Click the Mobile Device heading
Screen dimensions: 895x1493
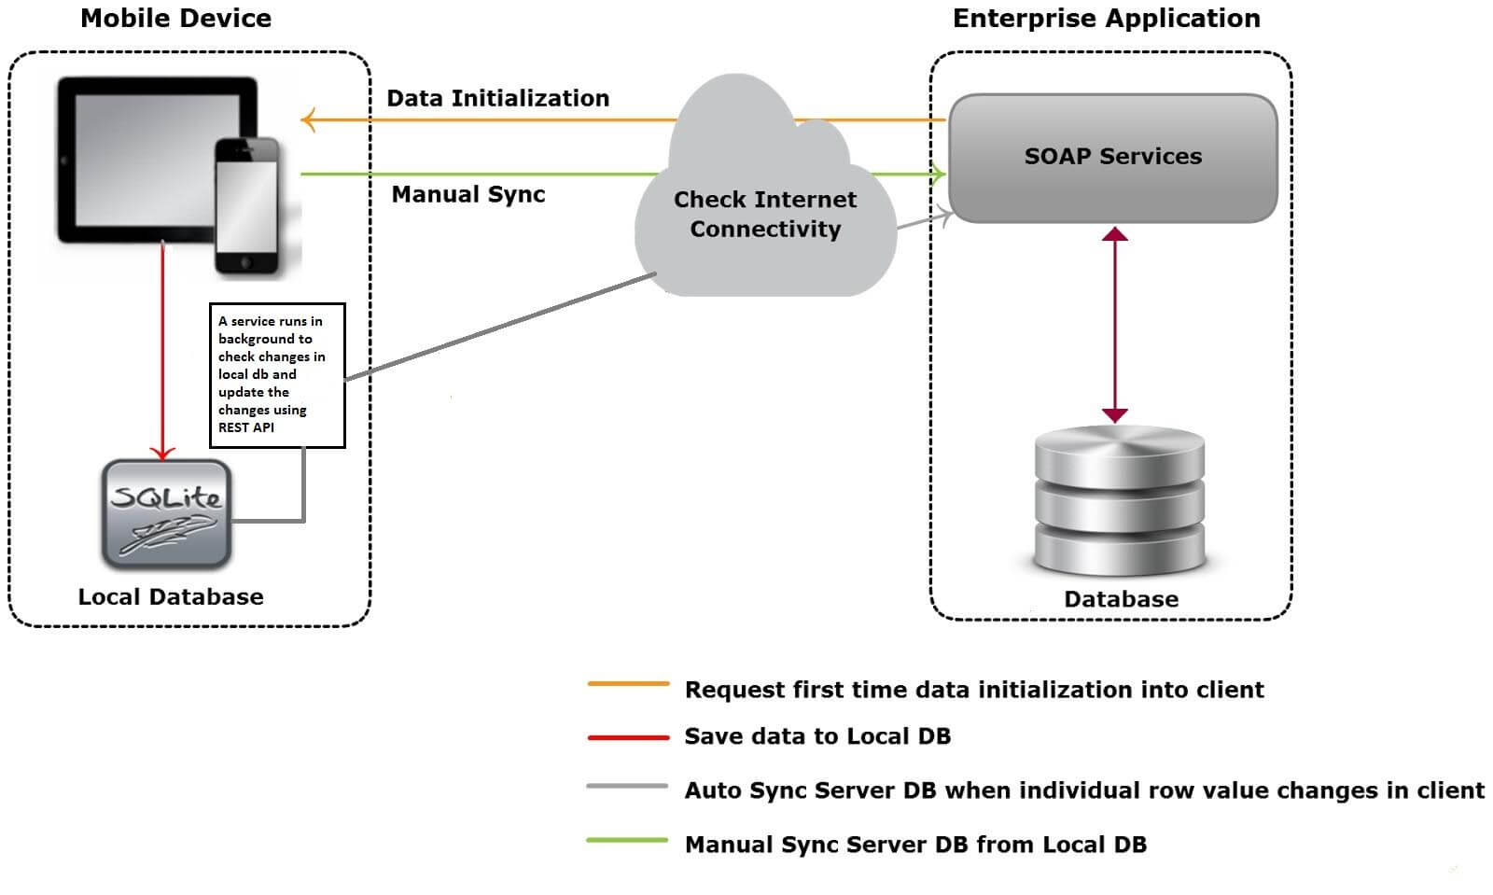(175, 18)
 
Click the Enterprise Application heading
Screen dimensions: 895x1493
(1106, 18)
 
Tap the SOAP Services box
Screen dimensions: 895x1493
(1112, 157)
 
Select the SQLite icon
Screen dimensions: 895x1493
(166, 514)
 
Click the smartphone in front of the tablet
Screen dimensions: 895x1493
(246, 206)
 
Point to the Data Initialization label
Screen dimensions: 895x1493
(497, 98)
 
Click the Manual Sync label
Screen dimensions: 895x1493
(467, 194)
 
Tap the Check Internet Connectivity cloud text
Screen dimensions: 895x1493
(765, 214)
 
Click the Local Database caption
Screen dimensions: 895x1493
(171, 596)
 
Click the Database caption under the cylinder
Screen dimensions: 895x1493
(1121, 599)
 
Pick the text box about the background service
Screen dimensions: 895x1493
(277, 374)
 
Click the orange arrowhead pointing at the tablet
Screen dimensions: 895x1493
(308, 119)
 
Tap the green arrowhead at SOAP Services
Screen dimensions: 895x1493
(938, 174)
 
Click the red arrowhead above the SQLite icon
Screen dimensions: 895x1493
(163, 454)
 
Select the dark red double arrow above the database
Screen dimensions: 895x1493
(1114, 324)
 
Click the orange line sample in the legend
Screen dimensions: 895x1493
(628, 684)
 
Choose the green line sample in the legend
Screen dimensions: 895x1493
(627, 840)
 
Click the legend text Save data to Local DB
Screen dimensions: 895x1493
(817, 736)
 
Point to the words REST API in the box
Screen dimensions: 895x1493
(246, 427)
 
